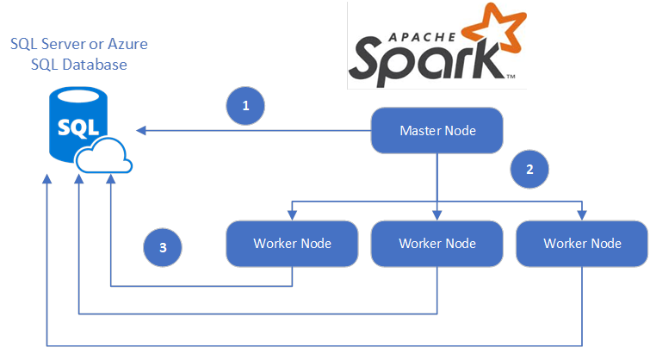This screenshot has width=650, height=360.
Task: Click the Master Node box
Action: tap(437, 131)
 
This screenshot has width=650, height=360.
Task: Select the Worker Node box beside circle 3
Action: tap(291, 244)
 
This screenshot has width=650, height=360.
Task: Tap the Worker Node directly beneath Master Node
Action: tap(436, 244)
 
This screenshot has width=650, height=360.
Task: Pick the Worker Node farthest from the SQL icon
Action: tap(582, 244)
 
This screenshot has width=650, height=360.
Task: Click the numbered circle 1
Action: tap(245, 106)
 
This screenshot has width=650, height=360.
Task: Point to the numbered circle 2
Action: tap(529, 169)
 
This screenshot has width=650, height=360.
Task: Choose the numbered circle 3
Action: tap(163, 248)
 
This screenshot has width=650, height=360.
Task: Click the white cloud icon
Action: tap(103, 157)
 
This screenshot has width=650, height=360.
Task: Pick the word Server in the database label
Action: tap(70, 43)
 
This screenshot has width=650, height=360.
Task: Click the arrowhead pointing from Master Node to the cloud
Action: tap(140, 131)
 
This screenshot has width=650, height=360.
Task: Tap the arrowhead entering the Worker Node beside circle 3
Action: tap(292, 216)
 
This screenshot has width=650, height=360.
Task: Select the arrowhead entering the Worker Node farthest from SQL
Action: tap(583, 216)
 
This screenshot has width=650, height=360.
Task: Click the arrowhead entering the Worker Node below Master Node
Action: tap(437, 216)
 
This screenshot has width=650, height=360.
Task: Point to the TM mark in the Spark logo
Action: tap(511, 78)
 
